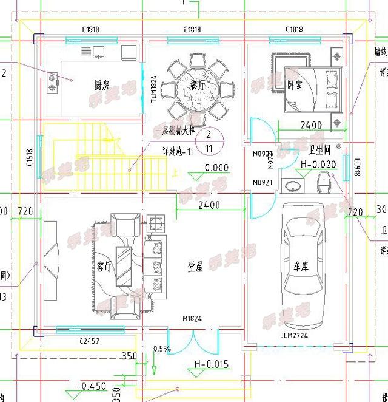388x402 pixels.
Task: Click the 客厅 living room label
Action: click(x=104, y=267)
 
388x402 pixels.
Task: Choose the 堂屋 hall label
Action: click(x=195, y=267)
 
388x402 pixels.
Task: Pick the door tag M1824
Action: click(x=192, y=319)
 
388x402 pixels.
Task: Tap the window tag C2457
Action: click(x=89, y=341)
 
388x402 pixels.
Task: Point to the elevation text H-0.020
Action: click(x=318, y=164)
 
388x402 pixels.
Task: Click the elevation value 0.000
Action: click(x=216, y=168)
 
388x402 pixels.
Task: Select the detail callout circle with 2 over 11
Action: click(x=209, y=141)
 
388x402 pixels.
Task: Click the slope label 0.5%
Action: click(x=161, y=349)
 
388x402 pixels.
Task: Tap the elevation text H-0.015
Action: click(x=211, y=364)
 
